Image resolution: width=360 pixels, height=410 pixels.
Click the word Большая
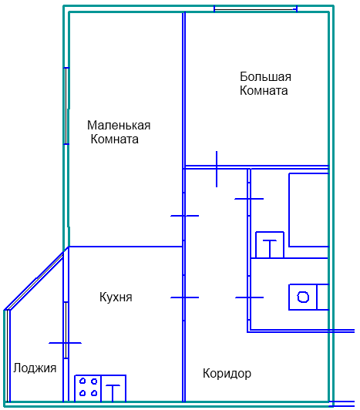click(265, 76)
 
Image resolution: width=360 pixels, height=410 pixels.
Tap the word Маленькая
click(119, 126)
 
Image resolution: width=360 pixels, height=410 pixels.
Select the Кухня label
click(116, 297)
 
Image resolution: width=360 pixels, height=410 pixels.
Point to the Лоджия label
click(35, 368)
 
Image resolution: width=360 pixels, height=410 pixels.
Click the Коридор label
click(227, 373)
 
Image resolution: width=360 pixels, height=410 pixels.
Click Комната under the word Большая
click(264, 90)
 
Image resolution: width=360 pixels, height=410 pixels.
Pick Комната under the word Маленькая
click(115, 139)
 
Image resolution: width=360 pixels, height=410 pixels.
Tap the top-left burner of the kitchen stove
click(82, 381)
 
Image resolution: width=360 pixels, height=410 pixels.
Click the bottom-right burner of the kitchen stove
click(94, 393)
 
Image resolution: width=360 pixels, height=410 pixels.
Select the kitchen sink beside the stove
click(113, 388)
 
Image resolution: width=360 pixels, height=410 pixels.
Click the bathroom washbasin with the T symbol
click(270, 245)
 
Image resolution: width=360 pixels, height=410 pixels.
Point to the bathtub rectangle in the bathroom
click(308, 210)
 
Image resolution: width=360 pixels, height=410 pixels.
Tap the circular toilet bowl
click(303, 297)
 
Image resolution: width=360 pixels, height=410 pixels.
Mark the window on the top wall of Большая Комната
click(256, 9)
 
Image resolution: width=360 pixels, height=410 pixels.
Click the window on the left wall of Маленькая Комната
click(67, 106)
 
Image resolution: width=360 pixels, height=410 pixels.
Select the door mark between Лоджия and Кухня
click(66, 343)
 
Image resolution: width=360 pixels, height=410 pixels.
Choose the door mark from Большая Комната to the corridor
click(217, 169)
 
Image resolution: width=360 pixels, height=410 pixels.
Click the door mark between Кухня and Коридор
click(185, 297)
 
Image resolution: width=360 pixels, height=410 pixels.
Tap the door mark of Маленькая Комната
click(185, 216)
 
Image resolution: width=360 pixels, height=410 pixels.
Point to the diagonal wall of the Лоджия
click(34, 281)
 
